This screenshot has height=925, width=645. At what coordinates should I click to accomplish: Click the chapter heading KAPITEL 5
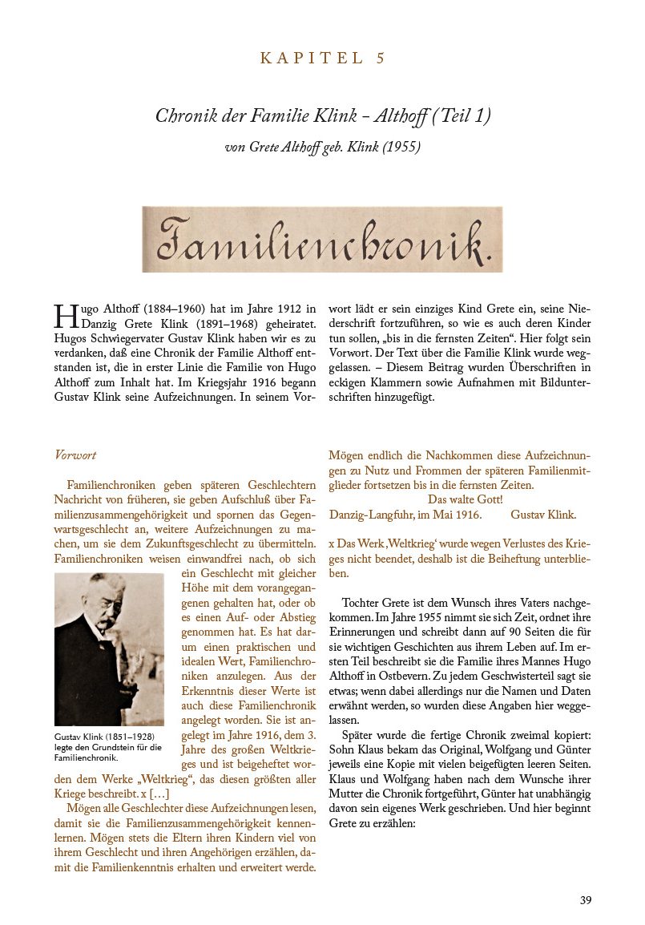tap(323, 58)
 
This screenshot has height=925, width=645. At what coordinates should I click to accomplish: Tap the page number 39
tap(586, 900)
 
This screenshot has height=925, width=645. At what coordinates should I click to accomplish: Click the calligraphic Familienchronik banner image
tap(322, 239)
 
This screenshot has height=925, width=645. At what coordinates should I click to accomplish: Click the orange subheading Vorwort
tap(75, 455)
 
